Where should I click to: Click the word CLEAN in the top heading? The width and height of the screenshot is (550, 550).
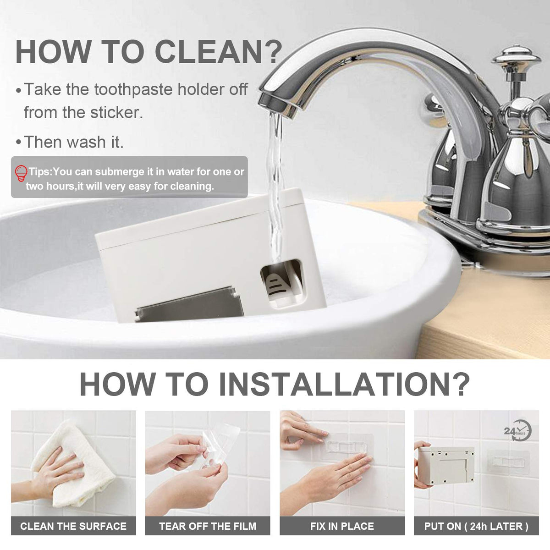pos(209,52)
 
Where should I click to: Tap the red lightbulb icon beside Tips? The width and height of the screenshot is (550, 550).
pos(21,173)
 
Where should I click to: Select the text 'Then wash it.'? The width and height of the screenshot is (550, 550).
pos(74,142)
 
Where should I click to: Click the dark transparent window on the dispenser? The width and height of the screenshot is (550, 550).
pos(190,305)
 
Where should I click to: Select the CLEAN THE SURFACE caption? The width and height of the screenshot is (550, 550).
pos(73,526)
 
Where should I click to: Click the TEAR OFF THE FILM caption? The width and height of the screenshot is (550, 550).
pos(208,526)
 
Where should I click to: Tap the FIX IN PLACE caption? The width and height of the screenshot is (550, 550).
pos(342,526)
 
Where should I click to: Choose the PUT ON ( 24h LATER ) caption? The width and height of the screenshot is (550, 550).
pos(476,526)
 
